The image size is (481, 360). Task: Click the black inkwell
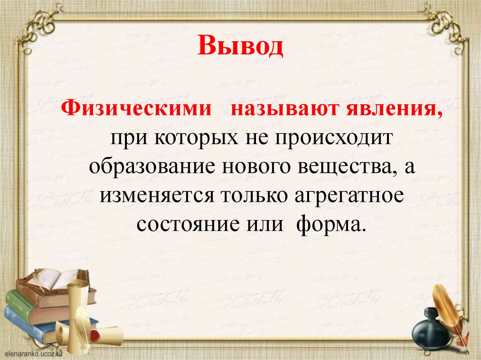431,330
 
